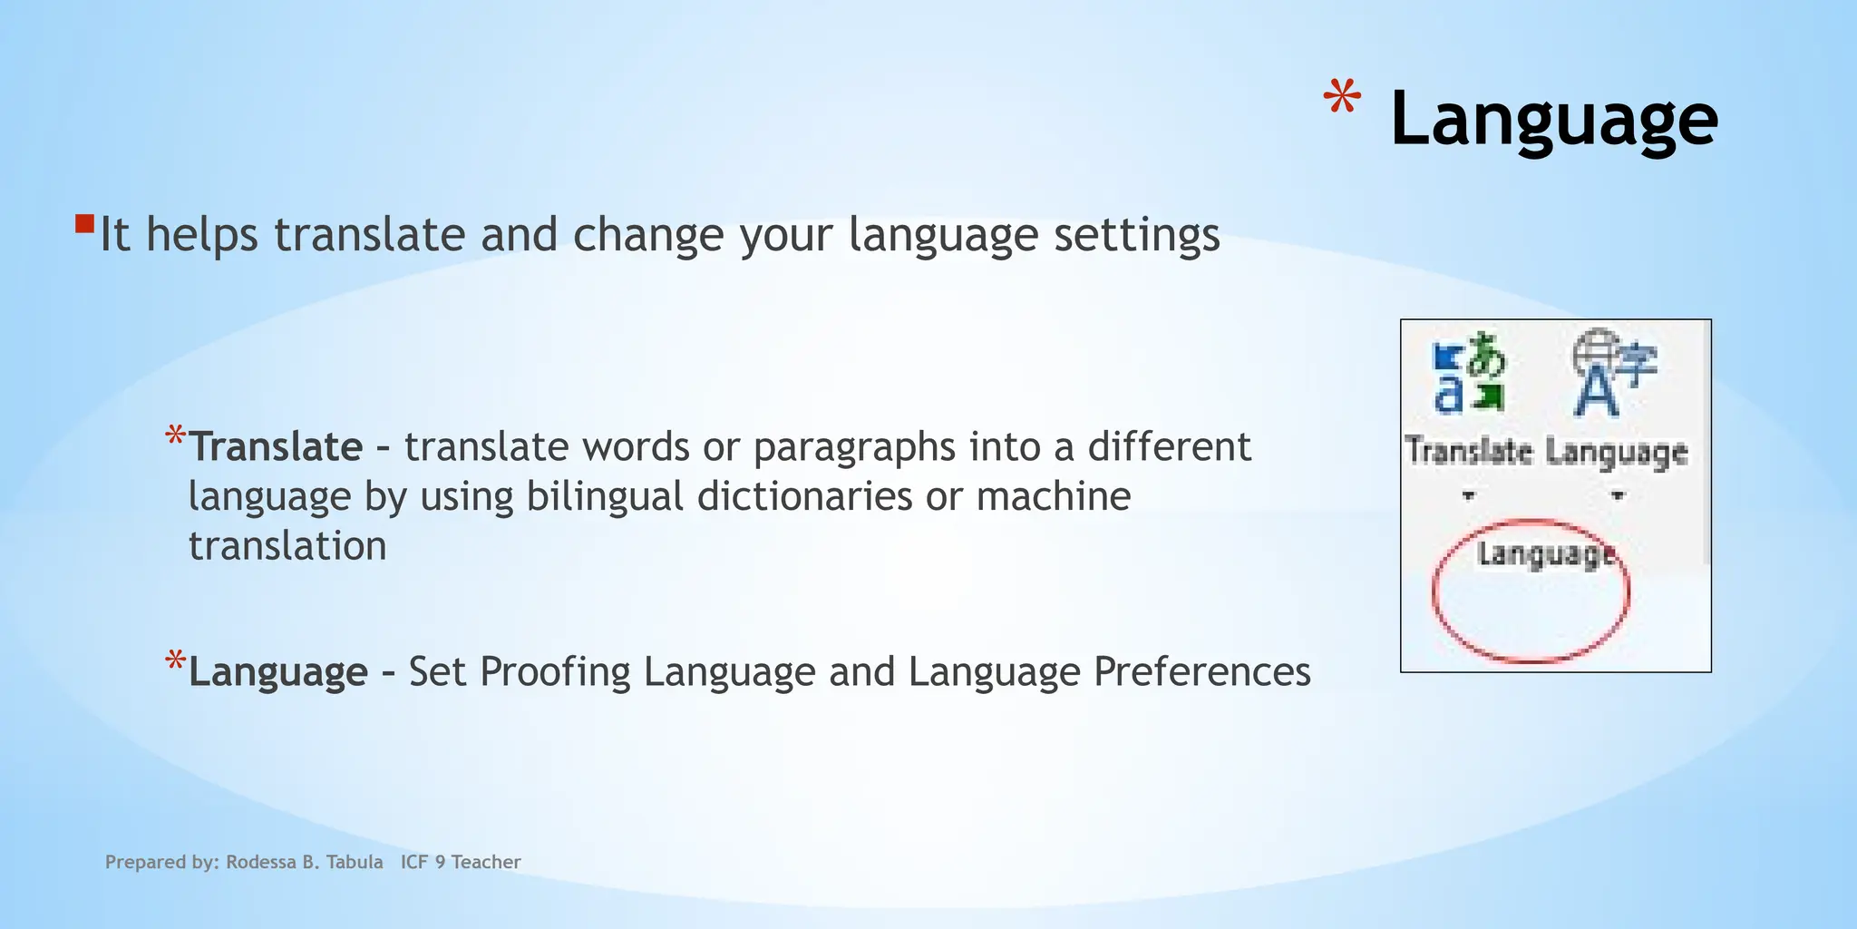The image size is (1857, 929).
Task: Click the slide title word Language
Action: tap(1553, 120)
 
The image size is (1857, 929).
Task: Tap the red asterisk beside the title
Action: tap(1341, 99)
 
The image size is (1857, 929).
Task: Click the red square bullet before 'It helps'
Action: tap(85, 223)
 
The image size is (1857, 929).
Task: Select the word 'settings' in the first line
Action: tap(1136, 235)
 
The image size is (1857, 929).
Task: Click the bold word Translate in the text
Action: tap(276, 447)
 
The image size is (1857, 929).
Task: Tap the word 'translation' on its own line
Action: tap(287, 546)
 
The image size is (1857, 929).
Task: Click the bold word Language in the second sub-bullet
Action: tap(277, 672)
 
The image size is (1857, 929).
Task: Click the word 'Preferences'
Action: tap(1201, 672)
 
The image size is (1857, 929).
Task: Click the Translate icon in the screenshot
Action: tap(1469, 373)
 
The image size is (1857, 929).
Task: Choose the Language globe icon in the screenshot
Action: tap(1612, 372)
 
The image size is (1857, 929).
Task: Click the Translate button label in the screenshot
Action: tap(1469, 451)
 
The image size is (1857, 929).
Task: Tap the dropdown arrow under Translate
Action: tap(1469, 495)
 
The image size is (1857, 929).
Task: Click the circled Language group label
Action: tap(1545, 553)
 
